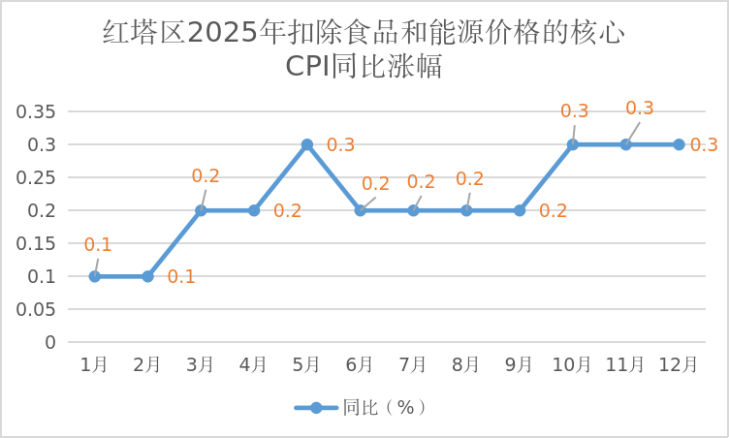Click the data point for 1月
point(95,276)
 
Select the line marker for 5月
point(307,144)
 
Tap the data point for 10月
point(573,144)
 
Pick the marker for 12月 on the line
point(679,144)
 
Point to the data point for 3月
point(201,210)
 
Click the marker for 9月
point(520,210)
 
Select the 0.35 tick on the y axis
point(35,111)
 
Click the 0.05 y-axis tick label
point(35,309)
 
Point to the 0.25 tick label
point(35,177)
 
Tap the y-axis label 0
point(49,342)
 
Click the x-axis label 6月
point(360,364)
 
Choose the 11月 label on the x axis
point(625,364)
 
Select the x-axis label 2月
point(147,364)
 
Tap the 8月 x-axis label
point(466,364)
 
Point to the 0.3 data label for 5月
point(340,145)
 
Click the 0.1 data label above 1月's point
point(98,245)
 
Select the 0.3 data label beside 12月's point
point(704,145)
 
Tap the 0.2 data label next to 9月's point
point(553,211)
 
